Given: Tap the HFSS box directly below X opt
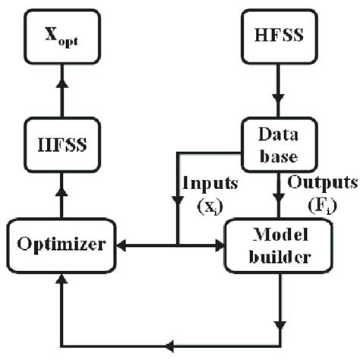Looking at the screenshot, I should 62,142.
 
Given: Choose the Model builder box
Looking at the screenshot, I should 279,245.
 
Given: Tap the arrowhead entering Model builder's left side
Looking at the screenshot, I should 221,245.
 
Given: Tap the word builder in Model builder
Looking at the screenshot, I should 279,256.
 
